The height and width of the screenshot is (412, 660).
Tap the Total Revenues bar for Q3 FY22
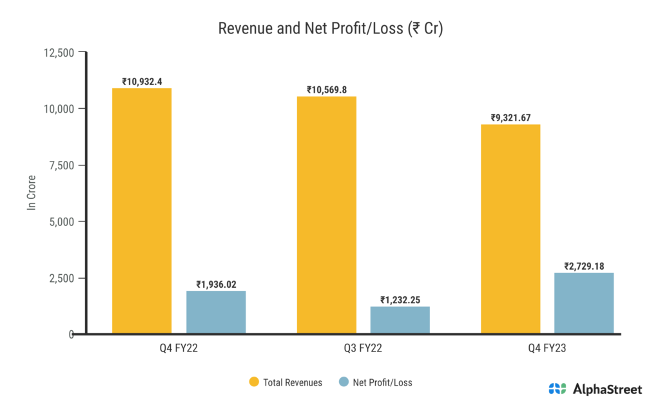pyautogui.click(x=327, y=215)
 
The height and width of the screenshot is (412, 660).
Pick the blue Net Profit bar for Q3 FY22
pyautogui.click(x=400, y=320)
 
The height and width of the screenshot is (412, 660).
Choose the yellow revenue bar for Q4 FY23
pyautogui.click(x=511, y=229)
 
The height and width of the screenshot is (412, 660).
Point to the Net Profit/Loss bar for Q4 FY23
pyautogui.click(x=585, y=303)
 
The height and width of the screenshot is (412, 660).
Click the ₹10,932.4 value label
pyautogui.click(x=142, y=82)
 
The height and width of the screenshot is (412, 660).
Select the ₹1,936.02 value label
pyautogui.click(x=216, y=285)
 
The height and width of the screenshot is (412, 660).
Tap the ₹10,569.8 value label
pyautogui.click(x=327, y=90)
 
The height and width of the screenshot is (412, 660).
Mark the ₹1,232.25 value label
pyautogui.click(x=400, y=300)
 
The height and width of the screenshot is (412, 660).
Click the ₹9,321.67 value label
pyautogui.click(x=511, y=118)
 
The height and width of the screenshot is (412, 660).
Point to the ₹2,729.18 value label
pyautogui.click(x=585, y=266)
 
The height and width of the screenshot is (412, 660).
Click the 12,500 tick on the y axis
pyautogui.click(x=57, y=52)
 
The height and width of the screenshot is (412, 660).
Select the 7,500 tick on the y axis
pyautogui.click(x=60, y=165)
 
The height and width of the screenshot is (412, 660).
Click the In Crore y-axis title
pyautogui.click(x=30, y=193)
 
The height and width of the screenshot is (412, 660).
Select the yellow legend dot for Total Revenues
pyautogui.click(x=253, y=382)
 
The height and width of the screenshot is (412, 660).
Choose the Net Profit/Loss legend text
pyautogui.click(x=383, y=382)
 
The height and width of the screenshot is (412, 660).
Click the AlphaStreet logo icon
pyautogui.click(x=557, y=388)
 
